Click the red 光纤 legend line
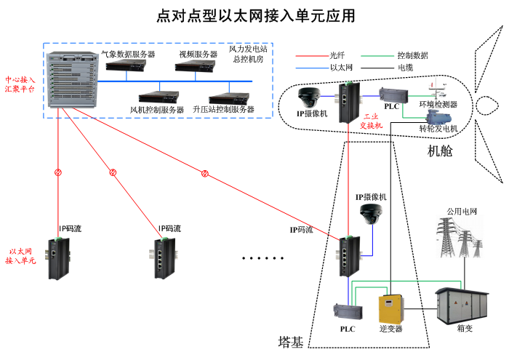coord(310,55)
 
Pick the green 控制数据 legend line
coord(378,55)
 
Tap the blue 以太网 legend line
coord(310,67)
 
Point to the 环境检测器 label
coord(438,104)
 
